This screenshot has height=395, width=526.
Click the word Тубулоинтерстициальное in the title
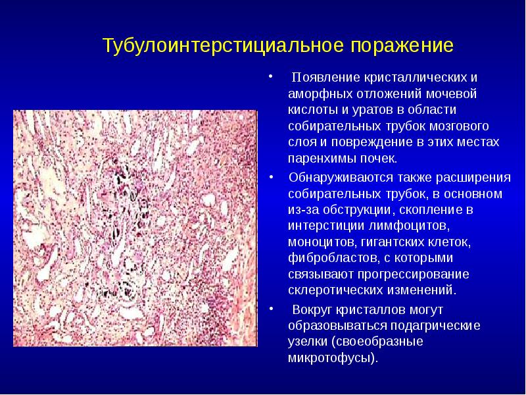tap(224, 46)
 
